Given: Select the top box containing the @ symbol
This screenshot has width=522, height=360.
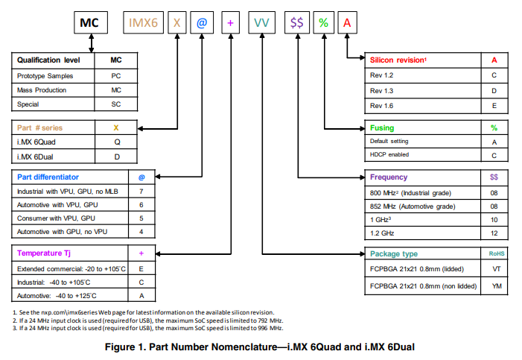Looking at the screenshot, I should coord(203,24).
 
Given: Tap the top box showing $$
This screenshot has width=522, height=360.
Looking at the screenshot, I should coord(296,24).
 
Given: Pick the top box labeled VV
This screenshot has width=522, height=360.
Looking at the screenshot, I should coord(261,24).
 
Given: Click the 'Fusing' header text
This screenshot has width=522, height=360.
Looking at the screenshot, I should coord(383,128).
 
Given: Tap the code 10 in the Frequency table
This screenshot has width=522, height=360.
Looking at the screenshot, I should coord(494,221).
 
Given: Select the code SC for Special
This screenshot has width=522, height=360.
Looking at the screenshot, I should coord(115,104).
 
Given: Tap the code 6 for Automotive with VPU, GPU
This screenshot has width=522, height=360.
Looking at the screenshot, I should coord(141,205).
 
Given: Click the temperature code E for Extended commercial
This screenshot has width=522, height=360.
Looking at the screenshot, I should coord(141,268).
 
